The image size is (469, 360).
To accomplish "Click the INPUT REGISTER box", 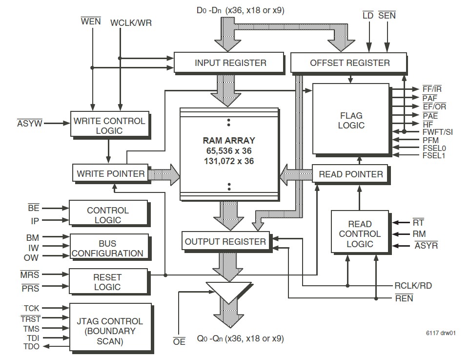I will click(230, 63).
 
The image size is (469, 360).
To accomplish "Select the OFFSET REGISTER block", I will click(349, 63).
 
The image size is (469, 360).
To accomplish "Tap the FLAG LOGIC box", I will click(351, 120).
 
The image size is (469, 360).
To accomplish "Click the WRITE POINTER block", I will click(110, 173).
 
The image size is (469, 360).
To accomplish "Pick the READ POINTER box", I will click(350, 174).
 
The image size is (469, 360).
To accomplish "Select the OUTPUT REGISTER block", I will click(225, 241).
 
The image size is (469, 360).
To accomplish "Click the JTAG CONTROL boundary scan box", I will click(110, 331).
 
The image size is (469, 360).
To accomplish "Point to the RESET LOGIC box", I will click(107, 282).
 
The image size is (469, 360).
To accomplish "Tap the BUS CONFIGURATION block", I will click(108, 248).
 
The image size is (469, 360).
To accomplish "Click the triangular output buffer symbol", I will click(228, 293).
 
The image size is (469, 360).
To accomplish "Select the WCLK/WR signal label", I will click(131, 23).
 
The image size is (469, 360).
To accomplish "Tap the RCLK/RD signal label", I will click(413, 286).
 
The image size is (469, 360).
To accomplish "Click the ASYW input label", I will click(29, 124).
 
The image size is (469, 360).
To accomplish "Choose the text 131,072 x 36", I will click(229, 161).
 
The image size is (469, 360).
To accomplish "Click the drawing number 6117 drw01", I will click(440, 334).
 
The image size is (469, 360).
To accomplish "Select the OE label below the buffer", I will click(179, 341).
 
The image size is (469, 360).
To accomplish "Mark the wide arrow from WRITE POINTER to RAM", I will click(164, 174).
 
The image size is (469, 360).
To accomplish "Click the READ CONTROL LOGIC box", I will click(360, 233).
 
